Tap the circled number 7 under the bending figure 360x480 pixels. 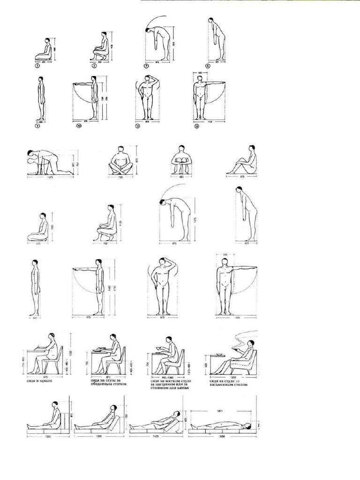click(x=146, y=66)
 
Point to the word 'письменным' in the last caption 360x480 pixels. click(x=225, y=385)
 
